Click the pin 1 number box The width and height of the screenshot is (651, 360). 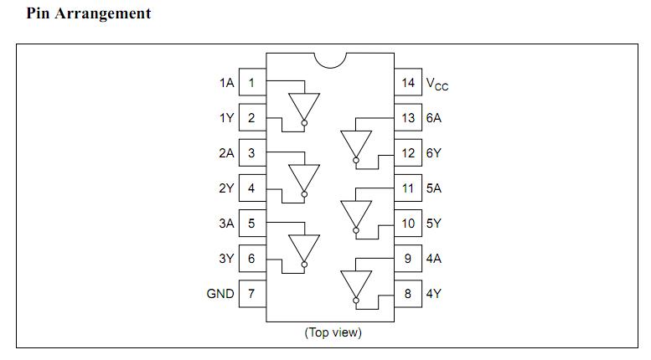(252, 83)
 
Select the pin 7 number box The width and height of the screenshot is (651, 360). (252, 294)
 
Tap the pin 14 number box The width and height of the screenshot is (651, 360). (408, 83)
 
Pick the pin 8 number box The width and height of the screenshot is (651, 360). (408, 294)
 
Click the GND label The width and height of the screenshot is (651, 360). (220, 294)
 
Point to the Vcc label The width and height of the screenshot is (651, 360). (437, 84)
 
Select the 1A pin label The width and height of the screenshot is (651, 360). (226, 83)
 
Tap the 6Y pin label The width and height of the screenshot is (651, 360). (433, 153)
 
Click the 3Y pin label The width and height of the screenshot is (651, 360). (226, 259)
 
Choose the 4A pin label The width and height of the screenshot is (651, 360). (433, 259)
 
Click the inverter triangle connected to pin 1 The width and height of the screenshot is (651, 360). (303, 105)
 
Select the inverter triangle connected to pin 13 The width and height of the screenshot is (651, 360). (355, 142)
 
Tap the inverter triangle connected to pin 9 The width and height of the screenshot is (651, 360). (355, 283)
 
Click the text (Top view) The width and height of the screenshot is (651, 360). (333, 332)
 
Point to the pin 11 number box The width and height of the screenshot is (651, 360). (408, 188)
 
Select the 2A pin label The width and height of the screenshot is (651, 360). (226, 153)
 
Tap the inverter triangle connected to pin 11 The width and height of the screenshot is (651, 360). (355, 213)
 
